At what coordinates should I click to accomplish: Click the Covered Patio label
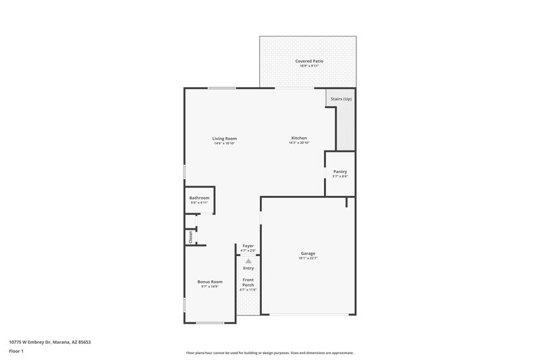tap(309, 61)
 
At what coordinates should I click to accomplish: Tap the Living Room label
tap(225, 138)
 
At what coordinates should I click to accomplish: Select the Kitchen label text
tap(299, 138)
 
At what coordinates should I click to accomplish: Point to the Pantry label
tap(340, 172)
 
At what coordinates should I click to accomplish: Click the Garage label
tap(308, 253)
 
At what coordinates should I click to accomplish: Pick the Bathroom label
tap(199, 198)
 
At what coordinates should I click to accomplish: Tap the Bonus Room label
tap(210, 282)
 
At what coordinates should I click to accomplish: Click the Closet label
tap(190, 237)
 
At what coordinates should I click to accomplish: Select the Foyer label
tap(248, 246)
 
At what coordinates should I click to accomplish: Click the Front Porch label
tap(248, 282)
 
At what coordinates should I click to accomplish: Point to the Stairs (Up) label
tap(341, 99)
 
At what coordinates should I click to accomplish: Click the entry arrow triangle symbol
tap(248, 260)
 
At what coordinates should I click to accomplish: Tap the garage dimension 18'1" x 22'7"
tap(308, 258)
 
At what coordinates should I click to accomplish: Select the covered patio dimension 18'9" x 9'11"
tap(309, 66)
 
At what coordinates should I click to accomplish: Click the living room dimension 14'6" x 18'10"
tap(225, 143)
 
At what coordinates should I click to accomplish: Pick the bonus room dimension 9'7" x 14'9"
tap(210, 286)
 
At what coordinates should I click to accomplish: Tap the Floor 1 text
tap(17, 351)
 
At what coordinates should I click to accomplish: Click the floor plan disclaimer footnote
tap(269, 353)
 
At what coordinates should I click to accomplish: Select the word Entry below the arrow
tap(248, 268)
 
